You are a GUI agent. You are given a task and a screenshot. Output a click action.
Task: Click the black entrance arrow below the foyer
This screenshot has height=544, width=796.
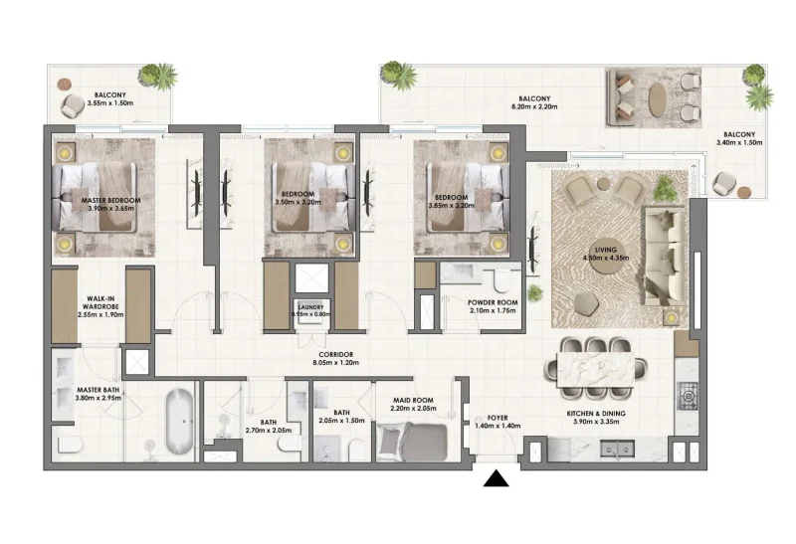pyautogui.click(x=496, y=480)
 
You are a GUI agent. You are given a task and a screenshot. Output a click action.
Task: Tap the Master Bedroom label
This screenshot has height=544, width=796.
pyautogui.click(x=110, y=201)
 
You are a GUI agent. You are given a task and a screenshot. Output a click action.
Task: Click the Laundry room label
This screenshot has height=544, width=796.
pyautogui.click(x=308, y=308)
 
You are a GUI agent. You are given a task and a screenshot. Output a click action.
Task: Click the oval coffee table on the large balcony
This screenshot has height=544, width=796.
pyautogui.click(x=658, y=100)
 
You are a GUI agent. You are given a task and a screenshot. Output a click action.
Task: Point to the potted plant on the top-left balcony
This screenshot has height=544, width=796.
pyautogui.click(x=157, y=76)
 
